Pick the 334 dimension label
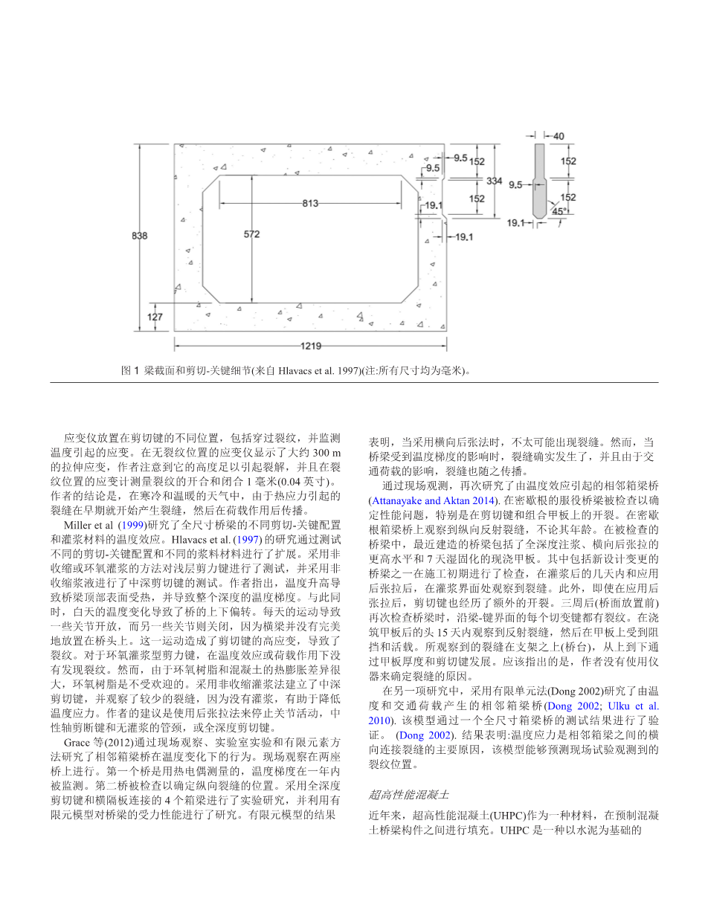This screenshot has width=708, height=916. (x=495, y=181)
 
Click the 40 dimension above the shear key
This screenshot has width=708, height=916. (x=558, y=136)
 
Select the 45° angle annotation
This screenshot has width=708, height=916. (x=559, y=210)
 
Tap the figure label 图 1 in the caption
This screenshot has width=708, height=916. (x=130, y=370)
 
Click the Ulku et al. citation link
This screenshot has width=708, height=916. (x=634, y=706)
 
